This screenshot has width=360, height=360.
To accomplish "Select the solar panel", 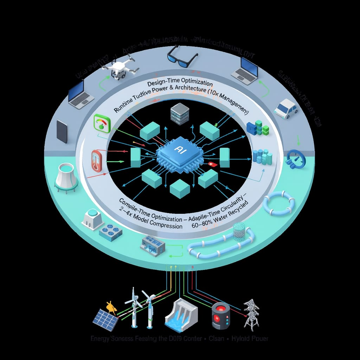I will [x=105, y=320].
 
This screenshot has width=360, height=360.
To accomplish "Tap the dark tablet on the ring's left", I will [x=62, y=131].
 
